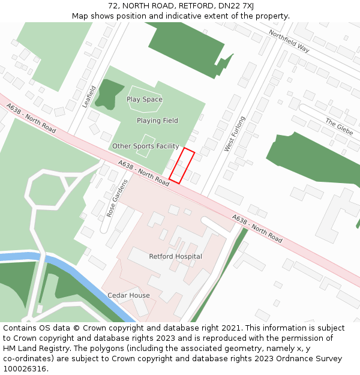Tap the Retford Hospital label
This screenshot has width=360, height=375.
[175, 257]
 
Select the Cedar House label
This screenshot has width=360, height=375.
[128, 296]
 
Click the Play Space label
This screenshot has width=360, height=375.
[145, 100]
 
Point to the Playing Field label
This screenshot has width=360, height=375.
[157, 121]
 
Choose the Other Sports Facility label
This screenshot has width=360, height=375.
[146, 146]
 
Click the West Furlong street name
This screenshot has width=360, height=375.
[235, 133]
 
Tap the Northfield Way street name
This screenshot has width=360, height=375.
[289, 41]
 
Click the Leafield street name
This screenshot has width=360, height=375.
[89, 97]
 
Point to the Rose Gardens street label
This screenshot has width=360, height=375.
[118, 198]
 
